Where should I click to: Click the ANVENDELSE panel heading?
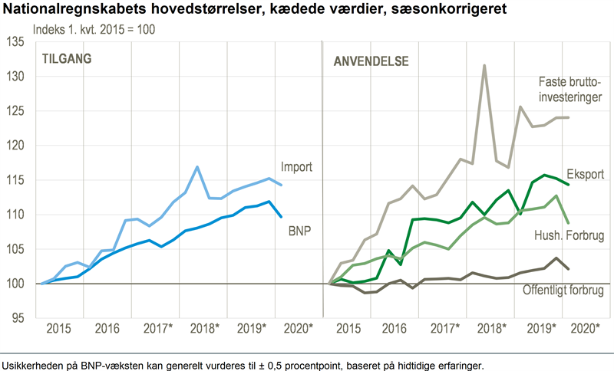(x=371, y=61)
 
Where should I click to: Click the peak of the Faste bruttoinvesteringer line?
(x=484, y=65)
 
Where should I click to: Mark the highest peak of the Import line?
(x=197, y=167)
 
